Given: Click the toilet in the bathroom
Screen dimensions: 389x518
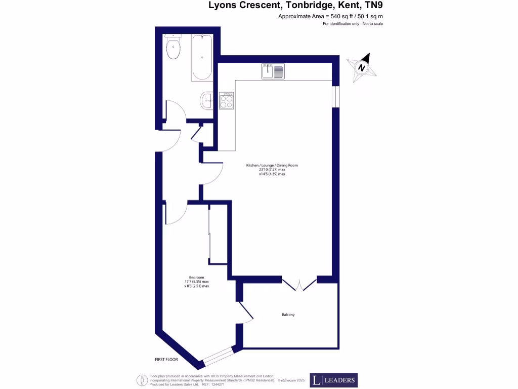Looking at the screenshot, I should (173, 47).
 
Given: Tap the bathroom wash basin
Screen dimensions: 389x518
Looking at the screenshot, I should (207, 100).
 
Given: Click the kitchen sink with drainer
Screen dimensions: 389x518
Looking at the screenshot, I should (273, 71).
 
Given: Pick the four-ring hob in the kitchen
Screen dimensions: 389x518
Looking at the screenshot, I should (227, 101).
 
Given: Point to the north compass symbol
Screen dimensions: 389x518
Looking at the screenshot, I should (362, 67).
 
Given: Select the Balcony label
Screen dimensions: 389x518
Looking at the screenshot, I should (288, 315).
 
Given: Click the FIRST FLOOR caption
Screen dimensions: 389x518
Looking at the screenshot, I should (167, 359).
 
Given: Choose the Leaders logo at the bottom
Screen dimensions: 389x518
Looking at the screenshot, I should (333, 380).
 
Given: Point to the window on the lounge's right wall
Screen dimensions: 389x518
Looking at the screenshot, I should (335, 96).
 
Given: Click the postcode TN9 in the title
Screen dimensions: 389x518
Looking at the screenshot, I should (379, 6).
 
